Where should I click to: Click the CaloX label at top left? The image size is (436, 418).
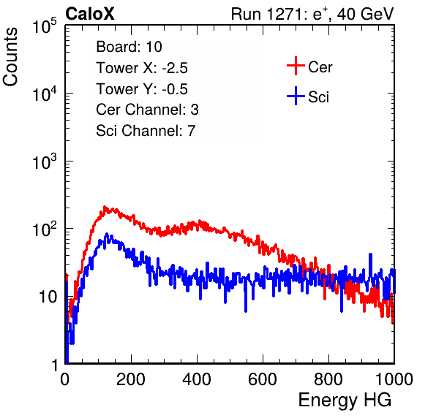tap(90, 14)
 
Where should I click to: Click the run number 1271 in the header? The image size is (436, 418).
tap(285, 14)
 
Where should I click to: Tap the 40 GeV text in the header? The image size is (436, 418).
tap(365, 14)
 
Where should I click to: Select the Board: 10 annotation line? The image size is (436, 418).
tap(129, 47)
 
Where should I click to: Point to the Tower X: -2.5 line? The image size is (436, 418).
tap(142, 68)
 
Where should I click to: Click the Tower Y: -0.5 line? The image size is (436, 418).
tap(142, 89)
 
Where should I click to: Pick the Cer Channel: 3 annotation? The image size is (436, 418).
tap(147, 110)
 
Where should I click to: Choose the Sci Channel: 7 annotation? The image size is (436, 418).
tap(146, 131)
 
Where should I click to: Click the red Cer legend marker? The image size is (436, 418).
tap(296, 66)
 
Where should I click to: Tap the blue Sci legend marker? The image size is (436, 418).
tap(296, 96)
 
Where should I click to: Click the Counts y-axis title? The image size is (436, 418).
tap(10, 57)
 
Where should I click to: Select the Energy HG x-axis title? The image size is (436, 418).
tap(345, 400)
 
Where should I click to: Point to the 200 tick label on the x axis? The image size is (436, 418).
tap(131, 379)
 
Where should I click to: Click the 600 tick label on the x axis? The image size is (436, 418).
tap(263, 379)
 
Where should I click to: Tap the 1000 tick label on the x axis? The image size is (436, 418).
tap(394, 379)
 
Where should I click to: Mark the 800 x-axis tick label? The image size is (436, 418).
tap(328, 379)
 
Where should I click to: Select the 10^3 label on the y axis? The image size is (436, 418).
tap(45, 161)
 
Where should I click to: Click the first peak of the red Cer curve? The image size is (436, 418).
tap(105, 208)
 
